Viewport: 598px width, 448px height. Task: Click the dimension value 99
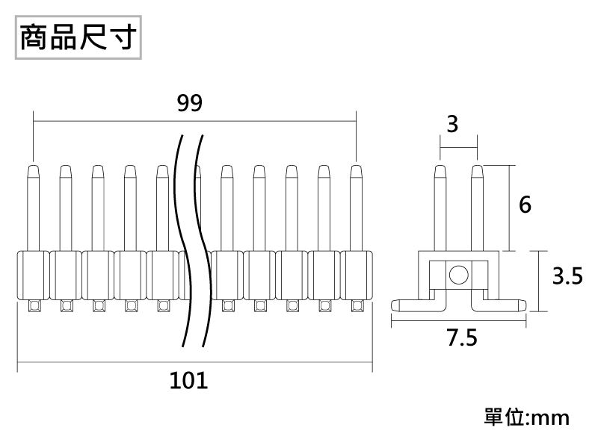[191, 103]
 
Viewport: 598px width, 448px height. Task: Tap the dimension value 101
[188, 382]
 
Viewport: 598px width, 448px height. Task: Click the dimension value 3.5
[567, 277]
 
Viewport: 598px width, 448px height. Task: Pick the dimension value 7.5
[461, 338]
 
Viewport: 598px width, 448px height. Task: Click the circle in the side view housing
[458, 275]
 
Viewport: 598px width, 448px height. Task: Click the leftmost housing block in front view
[33, 275]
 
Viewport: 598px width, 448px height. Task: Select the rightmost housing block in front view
[357, 275]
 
